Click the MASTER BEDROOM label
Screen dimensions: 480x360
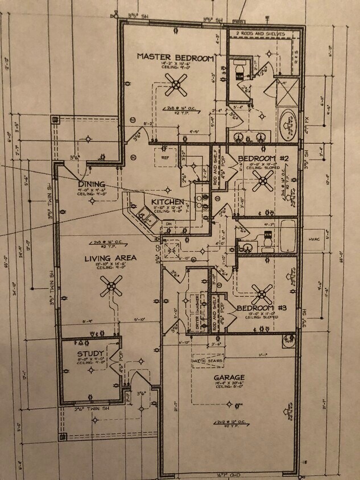pos(175,57)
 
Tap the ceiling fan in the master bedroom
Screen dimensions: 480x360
pos(176,85)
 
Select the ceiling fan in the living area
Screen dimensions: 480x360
pos(111,285)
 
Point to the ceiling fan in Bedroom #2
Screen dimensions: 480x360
pos(263,180)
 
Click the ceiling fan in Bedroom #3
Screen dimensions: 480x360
pos(262,293)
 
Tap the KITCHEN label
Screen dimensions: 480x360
pos(167,202)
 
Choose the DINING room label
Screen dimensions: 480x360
pos(92,184)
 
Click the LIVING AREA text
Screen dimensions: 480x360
pos(110,258)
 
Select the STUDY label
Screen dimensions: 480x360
pos(90,354)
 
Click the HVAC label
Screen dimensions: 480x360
pos(315,239)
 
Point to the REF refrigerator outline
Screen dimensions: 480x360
pos(165,157)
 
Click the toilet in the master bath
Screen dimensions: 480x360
pos(240,73)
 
